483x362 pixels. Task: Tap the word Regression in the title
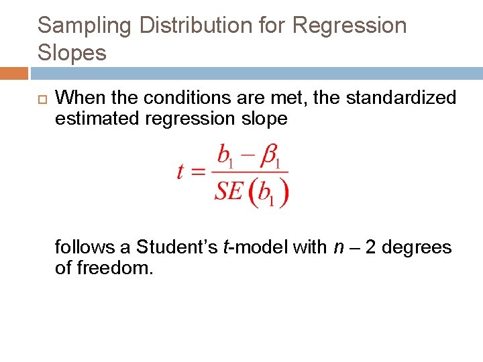tap(350, 26)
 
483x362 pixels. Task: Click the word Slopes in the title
tap(72, 53)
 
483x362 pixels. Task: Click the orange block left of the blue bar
tap(13, 73)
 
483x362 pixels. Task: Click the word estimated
tap(99, 119)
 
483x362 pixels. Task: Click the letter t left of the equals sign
tap(180, 172)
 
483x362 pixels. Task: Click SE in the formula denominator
tap(228, 192)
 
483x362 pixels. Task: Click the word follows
tap(85, 247)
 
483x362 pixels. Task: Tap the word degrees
tap(419, 247)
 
